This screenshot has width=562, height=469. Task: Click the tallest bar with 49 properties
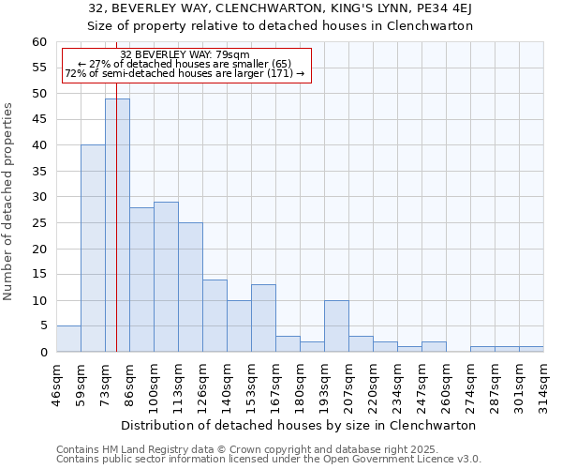(117, 225)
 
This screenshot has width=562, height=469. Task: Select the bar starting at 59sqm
(93, 249)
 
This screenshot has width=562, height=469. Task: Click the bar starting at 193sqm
(336, 326)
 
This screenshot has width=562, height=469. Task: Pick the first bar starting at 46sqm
(68, 339)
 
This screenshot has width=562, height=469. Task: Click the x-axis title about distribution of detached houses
(299, 425)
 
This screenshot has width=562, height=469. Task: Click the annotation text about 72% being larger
(185, 73)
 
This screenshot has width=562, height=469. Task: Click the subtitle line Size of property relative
(280, 26)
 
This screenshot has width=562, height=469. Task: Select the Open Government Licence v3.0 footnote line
(269, 459)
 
